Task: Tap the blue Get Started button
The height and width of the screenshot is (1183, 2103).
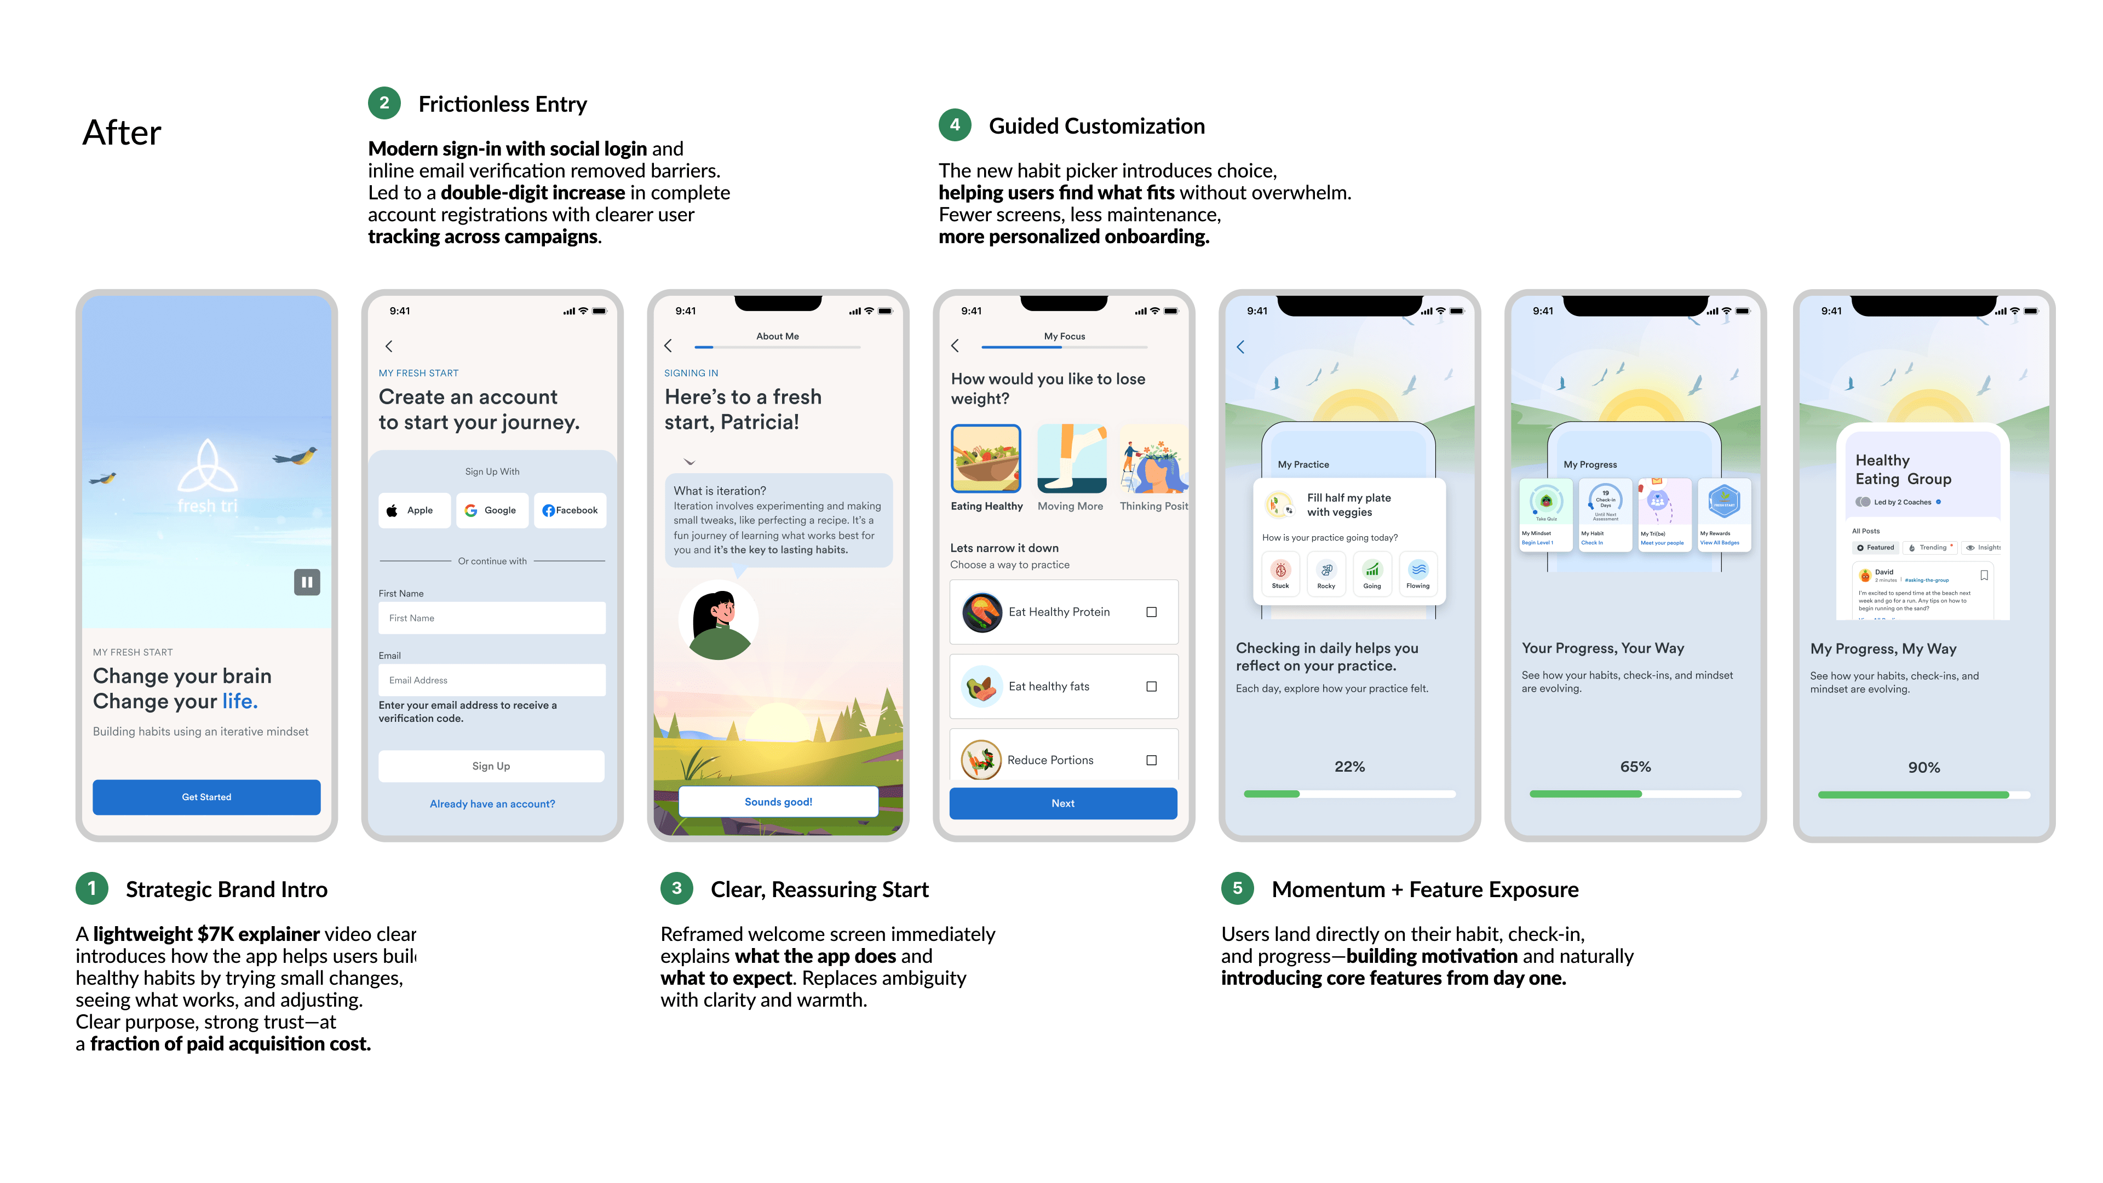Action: tap(206, 797)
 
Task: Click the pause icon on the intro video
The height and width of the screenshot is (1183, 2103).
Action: tap(307, 582)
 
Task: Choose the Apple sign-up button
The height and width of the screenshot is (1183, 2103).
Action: tap(414, 510)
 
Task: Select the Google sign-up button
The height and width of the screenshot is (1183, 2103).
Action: tap(491, 510)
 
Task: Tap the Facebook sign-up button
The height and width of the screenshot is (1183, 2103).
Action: tap(570, 510)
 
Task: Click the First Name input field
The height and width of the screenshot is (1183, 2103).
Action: tap(491, 618)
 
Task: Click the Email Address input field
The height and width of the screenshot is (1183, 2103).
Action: tap(491, 680)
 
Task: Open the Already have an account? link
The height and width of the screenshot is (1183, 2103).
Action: tap(492, 804)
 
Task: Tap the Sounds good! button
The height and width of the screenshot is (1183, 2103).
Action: tap(778, 802)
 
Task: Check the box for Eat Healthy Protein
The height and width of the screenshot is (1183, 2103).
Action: tap(1151, 612)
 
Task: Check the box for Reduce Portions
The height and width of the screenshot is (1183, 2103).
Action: tap(1151, 760)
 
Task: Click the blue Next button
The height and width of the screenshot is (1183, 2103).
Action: tap(1063, 803)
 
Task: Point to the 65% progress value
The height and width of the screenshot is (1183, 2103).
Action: tap(1635, 767)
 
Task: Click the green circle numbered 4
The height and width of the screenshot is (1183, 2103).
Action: tap(955, 125)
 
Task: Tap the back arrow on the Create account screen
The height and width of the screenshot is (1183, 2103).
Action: tap(389, 346)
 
